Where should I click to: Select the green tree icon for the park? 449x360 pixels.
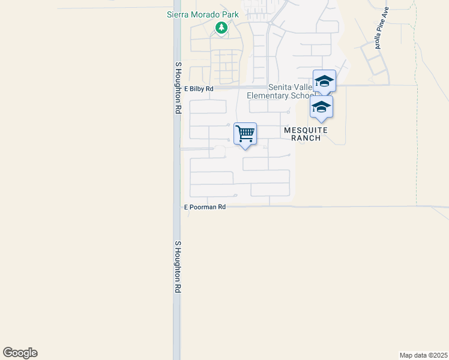point(221,28)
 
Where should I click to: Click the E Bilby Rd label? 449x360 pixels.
point(199,89)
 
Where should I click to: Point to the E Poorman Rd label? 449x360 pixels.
point(205,207)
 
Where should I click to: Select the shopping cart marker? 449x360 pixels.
point(245,134)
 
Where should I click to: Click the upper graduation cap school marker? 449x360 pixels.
point(324,81)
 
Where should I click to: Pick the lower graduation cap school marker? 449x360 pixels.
point(321,107)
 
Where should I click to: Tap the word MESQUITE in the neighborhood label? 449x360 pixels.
point(306,130)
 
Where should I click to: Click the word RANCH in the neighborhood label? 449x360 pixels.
point(306,138)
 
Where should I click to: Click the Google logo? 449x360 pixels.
point(20,353)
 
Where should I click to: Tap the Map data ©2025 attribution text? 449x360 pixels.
point(423,355)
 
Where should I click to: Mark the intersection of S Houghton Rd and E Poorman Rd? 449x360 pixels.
point(177,207)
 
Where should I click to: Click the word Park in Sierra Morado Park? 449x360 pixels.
point(229,15)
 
